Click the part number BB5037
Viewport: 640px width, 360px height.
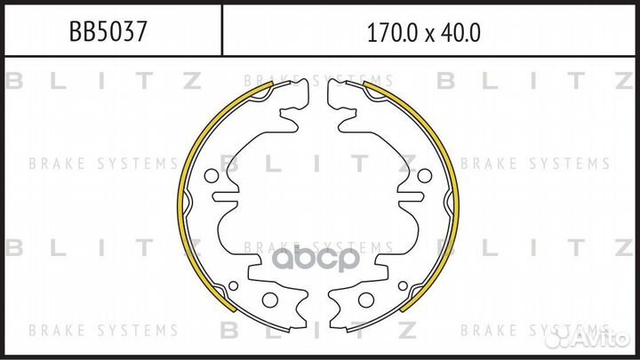coord(108,33)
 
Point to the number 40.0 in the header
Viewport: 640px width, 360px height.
coord(460,33)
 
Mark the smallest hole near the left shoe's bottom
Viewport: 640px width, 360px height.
coord(234,285)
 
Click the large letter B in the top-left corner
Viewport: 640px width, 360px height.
coord(14,82)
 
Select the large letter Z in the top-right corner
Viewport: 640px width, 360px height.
coord(624,82)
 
